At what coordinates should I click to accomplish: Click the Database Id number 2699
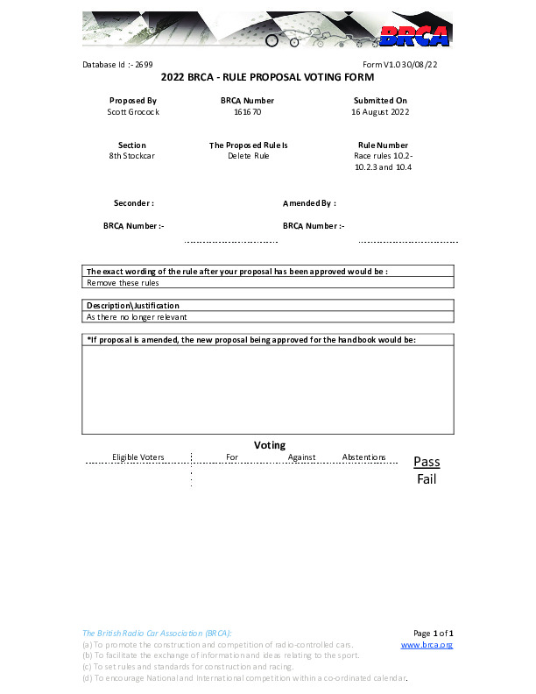pos(144,65)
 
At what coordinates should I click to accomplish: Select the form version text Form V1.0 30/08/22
pos(399,65)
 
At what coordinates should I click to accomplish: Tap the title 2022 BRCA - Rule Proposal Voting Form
pos(268,78)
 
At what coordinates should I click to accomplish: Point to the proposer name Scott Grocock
pos(133,112)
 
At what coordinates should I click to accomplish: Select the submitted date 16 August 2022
pos(380,112)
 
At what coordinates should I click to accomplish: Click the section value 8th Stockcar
pos(132,156)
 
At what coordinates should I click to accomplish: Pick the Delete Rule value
pos(249,156)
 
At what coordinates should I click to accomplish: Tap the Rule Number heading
pos(383,145)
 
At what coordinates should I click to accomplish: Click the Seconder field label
pos(134,203)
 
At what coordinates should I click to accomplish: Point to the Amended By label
pos(309,203)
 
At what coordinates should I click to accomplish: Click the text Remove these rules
pos(123,283)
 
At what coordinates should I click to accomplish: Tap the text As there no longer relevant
pos(137,316)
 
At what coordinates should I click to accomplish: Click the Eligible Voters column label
pos(138,457)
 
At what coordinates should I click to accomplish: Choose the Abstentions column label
pos(363,457)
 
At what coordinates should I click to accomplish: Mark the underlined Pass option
pos(427,462)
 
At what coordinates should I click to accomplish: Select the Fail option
pos(427,479)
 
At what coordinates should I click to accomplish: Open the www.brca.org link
pos(427,645)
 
